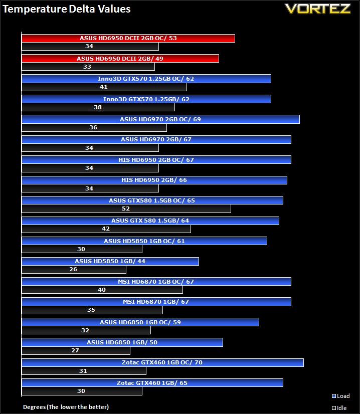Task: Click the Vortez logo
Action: point(318,9)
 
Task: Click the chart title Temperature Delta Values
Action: point(67,9)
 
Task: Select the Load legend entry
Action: point(341,396)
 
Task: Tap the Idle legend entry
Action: point(339,408)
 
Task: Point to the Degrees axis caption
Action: point(66,407)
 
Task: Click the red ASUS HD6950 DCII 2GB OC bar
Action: point(128,38)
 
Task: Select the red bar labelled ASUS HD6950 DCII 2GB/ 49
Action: point(120,58)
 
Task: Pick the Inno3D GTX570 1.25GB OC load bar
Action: point(146,79)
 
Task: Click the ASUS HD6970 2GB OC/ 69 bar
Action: point(160,119)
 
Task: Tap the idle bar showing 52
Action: point(126,209)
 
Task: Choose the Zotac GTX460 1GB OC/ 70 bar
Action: point(162,362)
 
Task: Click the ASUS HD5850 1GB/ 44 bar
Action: point(110,262)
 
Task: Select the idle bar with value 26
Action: point(74,269)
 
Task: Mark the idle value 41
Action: point(103,87)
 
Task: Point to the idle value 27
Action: point(75,350)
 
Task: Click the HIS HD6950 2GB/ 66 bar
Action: point(154,180)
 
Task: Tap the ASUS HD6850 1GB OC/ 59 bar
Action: point(140,322)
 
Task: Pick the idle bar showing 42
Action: point(106,229)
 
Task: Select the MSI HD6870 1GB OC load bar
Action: point(156,282)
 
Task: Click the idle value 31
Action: point(83,371)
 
